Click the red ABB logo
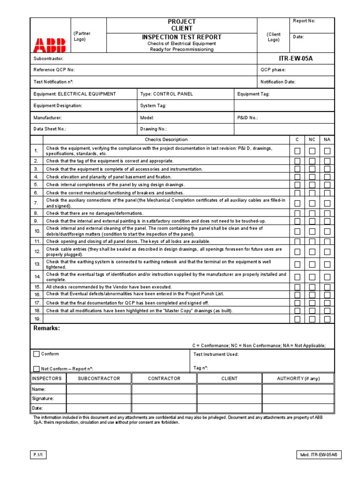(x=49, y=45)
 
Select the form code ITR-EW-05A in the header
(x=296, y=59)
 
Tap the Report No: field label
(x=304, y=21)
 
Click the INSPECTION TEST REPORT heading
(x=182, y=37)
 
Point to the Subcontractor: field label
(x=48, y=59)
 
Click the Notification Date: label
(x=278, y=82)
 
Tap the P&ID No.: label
(x=247, y=118)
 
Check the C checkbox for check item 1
(x=297, y=151)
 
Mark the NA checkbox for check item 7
(x=327, y=203)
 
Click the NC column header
(x=312, y=140)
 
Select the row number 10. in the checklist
(x=37, y=231)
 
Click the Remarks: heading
(x=46, y=328)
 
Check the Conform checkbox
(x=37, y=354)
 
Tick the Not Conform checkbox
(x=37, y=368)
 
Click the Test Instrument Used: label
(x=216, y=354)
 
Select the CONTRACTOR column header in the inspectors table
(x=164, y=378)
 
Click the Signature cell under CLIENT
(x=229, y=398)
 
